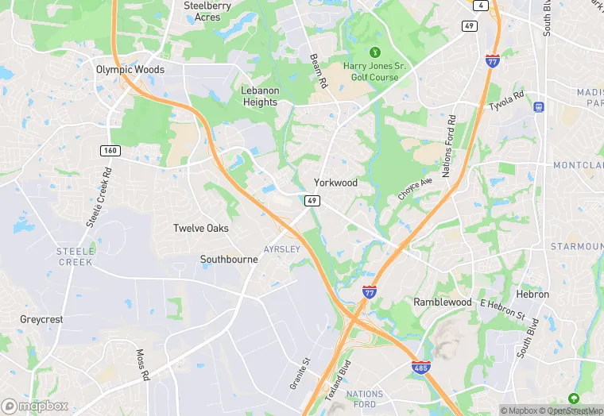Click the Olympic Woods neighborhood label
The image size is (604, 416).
pyautogui.click(x=130, y=69)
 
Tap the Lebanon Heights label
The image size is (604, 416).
pyautogui.click(x=260, y=96)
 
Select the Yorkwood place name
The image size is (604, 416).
pyautogui.click(x=335, y=183)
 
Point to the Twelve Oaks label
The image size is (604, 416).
pyautogui.click(x=201, y=228)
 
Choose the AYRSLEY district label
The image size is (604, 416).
pyautogui.click(x=281, y=248)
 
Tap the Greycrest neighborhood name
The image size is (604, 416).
pyautogui.click(x=41, y=319)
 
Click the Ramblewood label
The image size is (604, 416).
pyautogui.click(x=443, y=302)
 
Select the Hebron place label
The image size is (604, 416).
pyautogui.click(x=532, y=294)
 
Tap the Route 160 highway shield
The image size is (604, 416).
pyautogui.click(x=110, y=150)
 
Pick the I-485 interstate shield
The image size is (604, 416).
pyautogui.click(x=421, y=367)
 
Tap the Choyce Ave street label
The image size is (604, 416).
pyautogui.click(x=416, y=188)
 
